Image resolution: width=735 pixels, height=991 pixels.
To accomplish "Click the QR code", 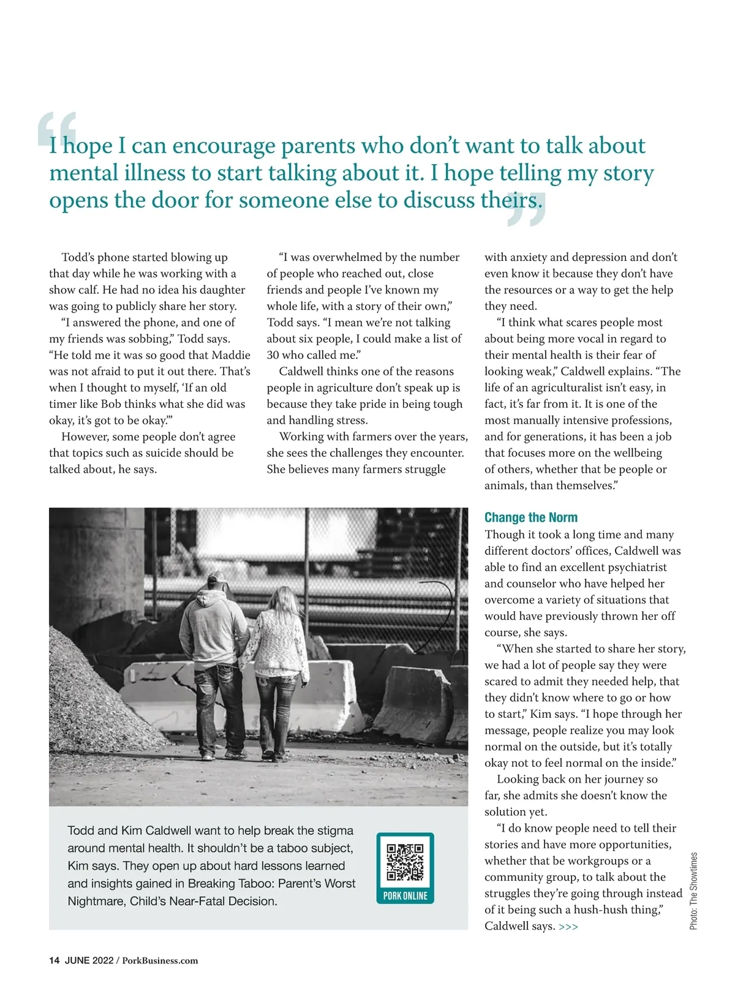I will [405, 862].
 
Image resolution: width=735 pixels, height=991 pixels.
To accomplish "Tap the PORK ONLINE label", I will [405, 895].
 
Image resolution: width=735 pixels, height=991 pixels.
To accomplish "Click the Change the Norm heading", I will [530, 518].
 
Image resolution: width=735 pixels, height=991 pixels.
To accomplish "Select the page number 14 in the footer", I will [55, 960].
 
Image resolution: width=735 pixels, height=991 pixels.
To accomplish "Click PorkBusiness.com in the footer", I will [160, 960].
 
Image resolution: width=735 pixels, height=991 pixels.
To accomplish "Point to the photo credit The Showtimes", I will [693, 891].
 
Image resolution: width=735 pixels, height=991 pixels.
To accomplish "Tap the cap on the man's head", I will [216, 578].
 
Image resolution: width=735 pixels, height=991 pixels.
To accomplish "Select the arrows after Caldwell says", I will [568, 927].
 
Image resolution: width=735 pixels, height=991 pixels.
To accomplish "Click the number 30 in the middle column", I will [273, 355].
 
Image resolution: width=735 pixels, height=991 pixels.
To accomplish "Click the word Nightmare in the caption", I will [96, 902].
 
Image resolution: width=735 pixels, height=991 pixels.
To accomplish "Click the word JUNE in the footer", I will [77, 960].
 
